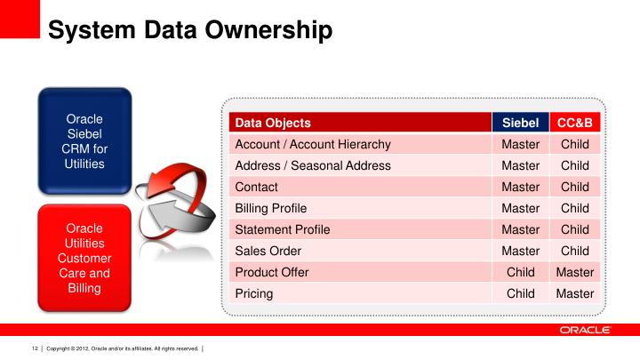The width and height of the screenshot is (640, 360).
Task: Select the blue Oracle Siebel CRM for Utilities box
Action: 84,141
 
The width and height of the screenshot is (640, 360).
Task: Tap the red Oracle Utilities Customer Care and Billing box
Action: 84,258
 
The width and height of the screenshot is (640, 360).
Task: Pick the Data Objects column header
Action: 272,123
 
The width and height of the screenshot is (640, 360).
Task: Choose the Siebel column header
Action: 520,123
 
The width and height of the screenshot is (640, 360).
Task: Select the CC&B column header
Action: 574,123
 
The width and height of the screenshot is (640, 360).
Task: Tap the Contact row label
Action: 256,187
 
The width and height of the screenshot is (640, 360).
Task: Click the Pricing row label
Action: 253,293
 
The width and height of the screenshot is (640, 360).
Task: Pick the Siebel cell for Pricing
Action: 520,293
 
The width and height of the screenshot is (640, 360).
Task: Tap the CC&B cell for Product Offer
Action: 574,272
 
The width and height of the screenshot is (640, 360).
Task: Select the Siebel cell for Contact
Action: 520,187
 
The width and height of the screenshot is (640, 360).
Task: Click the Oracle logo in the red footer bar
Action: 585,330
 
